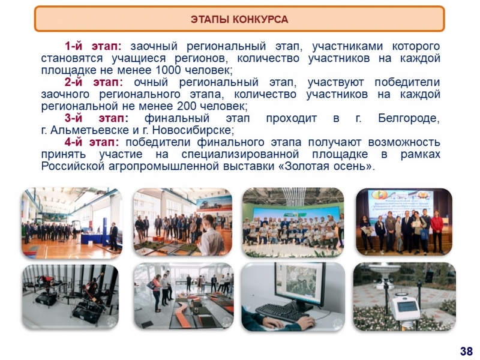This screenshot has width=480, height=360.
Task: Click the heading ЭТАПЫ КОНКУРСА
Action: pos(239,19)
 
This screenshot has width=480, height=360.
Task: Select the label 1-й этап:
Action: pos(93,46)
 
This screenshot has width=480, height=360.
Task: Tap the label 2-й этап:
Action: pos(94,82)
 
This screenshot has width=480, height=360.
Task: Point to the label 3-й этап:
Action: pos(97,118)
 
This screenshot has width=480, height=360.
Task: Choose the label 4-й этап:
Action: pos(92,142)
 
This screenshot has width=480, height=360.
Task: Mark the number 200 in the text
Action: pos(187,106)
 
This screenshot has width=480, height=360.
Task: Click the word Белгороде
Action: pos(409,118)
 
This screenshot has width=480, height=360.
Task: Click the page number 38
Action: pos(466,351)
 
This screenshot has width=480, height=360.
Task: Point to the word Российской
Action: pos(73,166)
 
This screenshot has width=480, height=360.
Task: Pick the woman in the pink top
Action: pos(156,292)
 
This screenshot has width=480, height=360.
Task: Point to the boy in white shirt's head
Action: pos(208,221)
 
